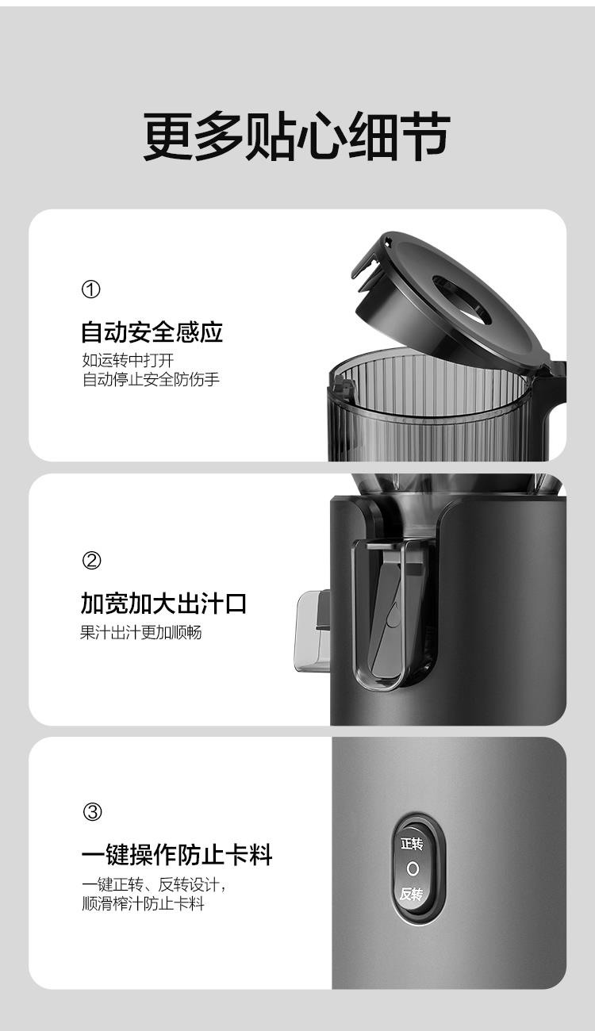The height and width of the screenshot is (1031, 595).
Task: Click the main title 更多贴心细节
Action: pos(297,136)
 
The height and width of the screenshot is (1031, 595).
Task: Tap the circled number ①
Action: pos(90,289)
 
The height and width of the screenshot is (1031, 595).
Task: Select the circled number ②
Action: pos(91,561)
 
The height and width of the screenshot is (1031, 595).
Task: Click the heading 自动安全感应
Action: pos(152,332)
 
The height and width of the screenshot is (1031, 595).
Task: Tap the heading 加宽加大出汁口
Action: pos(163,604)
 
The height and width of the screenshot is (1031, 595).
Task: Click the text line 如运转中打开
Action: pos(128,360)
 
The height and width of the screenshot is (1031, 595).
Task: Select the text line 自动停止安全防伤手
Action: pos(151,380)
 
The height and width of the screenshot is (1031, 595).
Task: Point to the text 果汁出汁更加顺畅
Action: pos(141,632)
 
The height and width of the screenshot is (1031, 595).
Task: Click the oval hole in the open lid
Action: pos(462,299)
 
